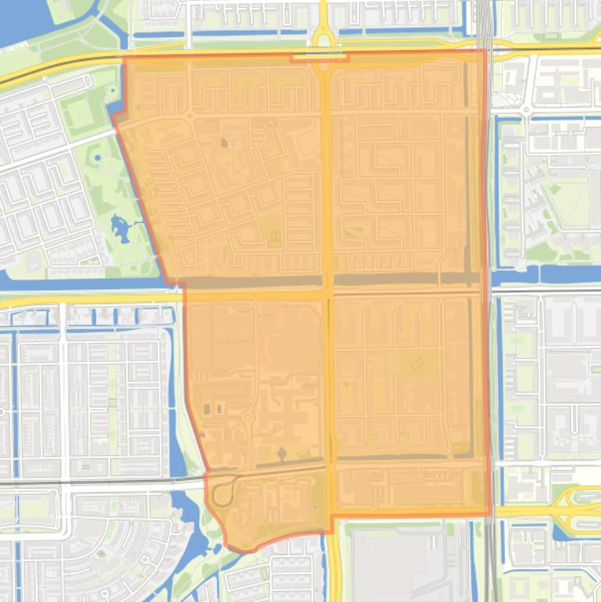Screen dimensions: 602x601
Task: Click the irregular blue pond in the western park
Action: pyautogui.click(x=122, y=229)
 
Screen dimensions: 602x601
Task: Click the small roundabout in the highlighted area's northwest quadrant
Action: pyautogui.click(x=189, y=116)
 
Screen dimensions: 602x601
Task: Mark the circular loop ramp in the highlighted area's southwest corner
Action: pyautogui.click(x=223, y=493)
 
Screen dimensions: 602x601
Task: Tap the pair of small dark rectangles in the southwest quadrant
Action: pyautogui.click(x=213, y=409)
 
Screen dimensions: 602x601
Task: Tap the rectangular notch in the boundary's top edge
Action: pyautogui.click(x=319, y=56)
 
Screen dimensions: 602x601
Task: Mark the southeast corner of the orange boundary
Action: pyautogui.click(x=490, y=514)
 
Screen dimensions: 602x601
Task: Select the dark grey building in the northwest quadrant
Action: pyautogui.click(x=224, y=143)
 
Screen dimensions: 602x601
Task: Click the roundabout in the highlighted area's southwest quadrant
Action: pyautogui.click(x=248, y=417)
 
